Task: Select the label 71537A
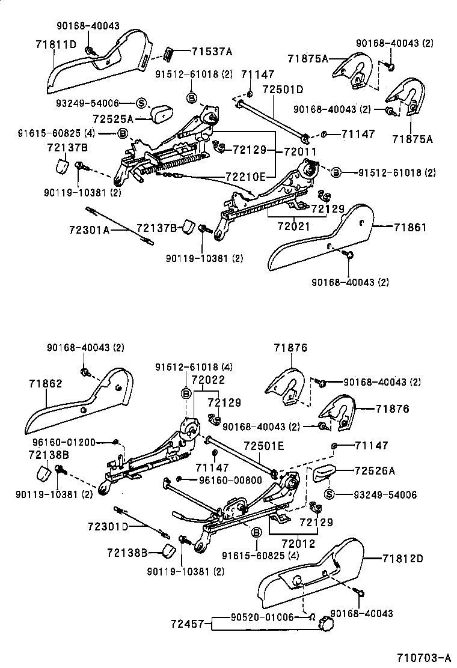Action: (212, 52)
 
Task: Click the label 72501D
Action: (283, 90)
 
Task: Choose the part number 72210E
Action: (245, 176)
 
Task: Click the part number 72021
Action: (293, 226)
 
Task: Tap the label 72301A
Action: (88, 229)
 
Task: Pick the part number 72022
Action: (207, 380)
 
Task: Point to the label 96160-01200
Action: (62, 443)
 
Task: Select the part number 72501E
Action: (263, 446)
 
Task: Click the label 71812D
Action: (402, 558)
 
